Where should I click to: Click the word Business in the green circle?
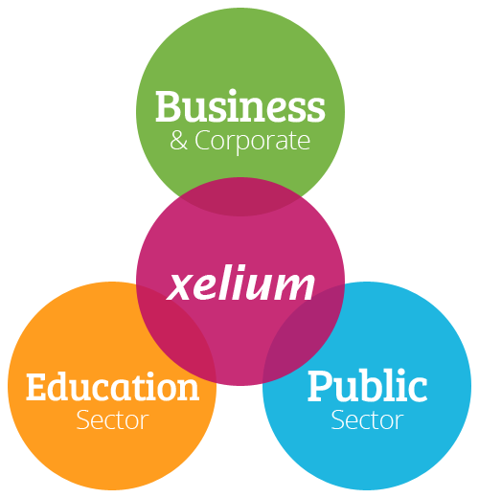(240, 105)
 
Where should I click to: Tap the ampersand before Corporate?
(178, 141)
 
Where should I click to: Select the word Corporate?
(252, 142)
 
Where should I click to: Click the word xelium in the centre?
(240, 283)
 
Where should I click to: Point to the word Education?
(112, 386)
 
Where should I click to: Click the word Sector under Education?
(112, 420)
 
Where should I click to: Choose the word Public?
(367, 386)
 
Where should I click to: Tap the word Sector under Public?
(367, 420)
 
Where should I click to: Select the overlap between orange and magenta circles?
(180, 332)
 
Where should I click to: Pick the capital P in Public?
(321, 386)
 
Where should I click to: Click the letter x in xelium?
(180, 286)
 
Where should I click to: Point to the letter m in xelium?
(294, 286)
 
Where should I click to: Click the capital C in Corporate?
(202, 141)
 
